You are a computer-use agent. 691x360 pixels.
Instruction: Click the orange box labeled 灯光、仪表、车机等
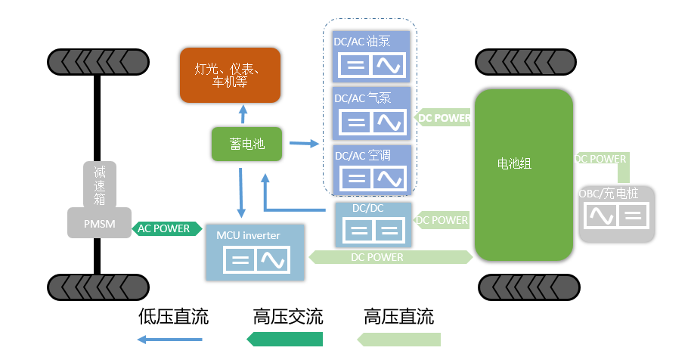[230, 75]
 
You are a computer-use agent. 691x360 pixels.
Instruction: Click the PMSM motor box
[99, 223]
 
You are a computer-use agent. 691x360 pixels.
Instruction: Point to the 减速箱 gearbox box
[100, 183]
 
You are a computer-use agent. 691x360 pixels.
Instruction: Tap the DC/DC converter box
[372, 223]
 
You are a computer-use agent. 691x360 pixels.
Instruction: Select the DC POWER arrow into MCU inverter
[389, 258]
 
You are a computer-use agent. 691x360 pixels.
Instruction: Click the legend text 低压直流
[173, 316]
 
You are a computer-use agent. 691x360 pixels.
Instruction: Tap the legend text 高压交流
[288, 316]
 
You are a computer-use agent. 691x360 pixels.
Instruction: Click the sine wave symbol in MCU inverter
[273, 262]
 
